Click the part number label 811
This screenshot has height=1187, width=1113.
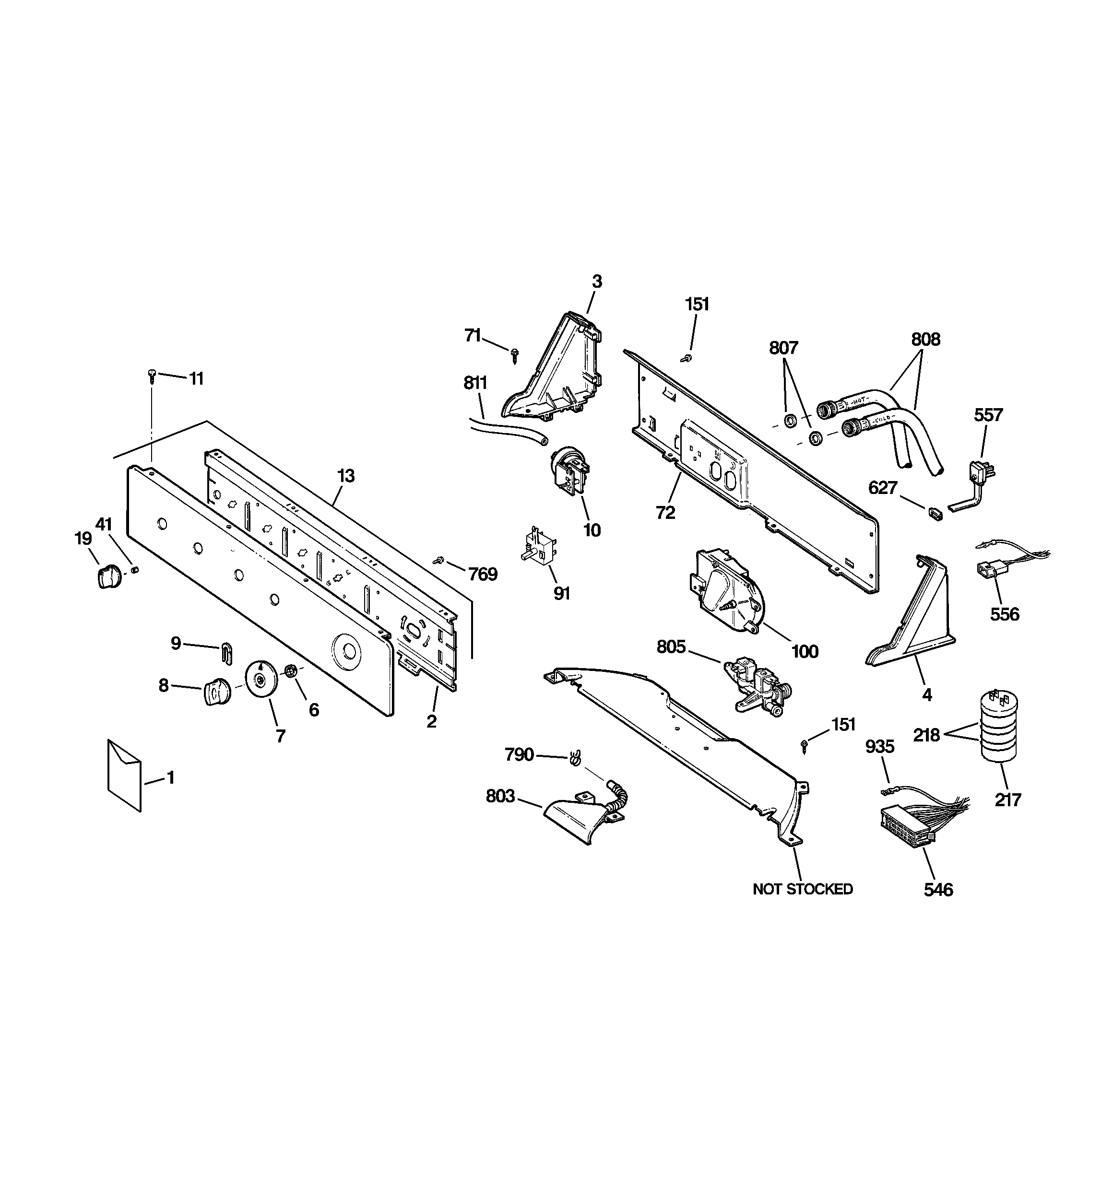coord(475,383)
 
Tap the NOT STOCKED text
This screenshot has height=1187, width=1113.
coord(802,890)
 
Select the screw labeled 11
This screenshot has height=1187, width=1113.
coord(151,376)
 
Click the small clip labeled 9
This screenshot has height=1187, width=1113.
coord(227,652)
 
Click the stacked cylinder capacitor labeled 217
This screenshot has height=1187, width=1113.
coord(998,726)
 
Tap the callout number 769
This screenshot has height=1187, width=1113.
coord(482,575)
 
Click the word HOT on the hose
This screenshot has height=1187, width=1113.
coord(859,404)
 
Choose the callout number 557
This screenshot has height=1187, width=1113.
coord(988,414)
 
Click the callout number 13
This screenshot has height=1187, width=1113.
coord(346,476)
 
